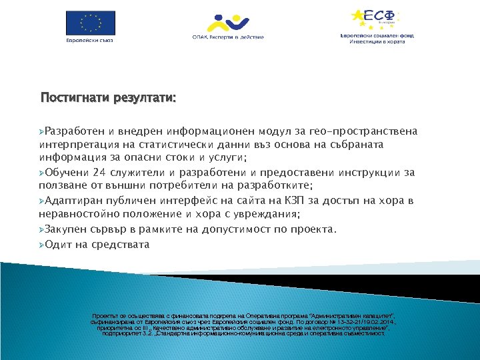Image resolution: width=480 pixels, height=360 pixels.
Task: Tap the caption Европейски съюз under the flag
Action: tap(89, 39)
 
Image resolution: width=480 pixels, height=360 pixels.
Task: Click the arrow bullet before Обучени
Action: tap(43, 173)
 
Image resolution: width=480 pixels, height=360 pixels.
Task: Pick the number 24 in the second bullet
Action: tap(100, 173)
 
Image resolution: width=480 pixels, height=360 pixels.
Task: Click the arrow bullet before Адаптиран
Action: tap(43, 201)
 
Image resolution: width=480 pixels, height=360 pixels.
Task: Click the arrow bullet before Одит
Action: tap(43, 245)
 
